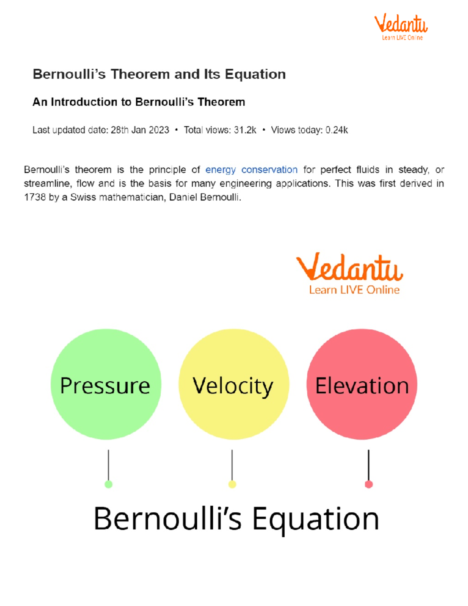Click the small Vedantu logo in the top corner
[401, 27]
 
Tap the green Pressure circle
[106, 384]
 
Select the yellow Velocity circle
[234, 384]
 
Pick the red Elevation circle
[362, 384]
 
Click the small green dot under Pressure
[108, 484]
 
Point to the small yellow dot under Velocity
[232, 484]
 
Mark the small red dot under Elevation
[369, 484]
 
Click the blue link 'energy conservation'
[251, 170]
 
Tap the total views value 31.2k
[245, 130]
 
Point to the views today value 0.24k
[337, 130]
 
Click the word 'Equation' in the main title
[255, 74]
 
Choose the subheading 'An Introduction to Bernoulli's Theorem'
[138, 102]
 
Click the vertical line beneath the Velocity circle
[232, 464]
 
